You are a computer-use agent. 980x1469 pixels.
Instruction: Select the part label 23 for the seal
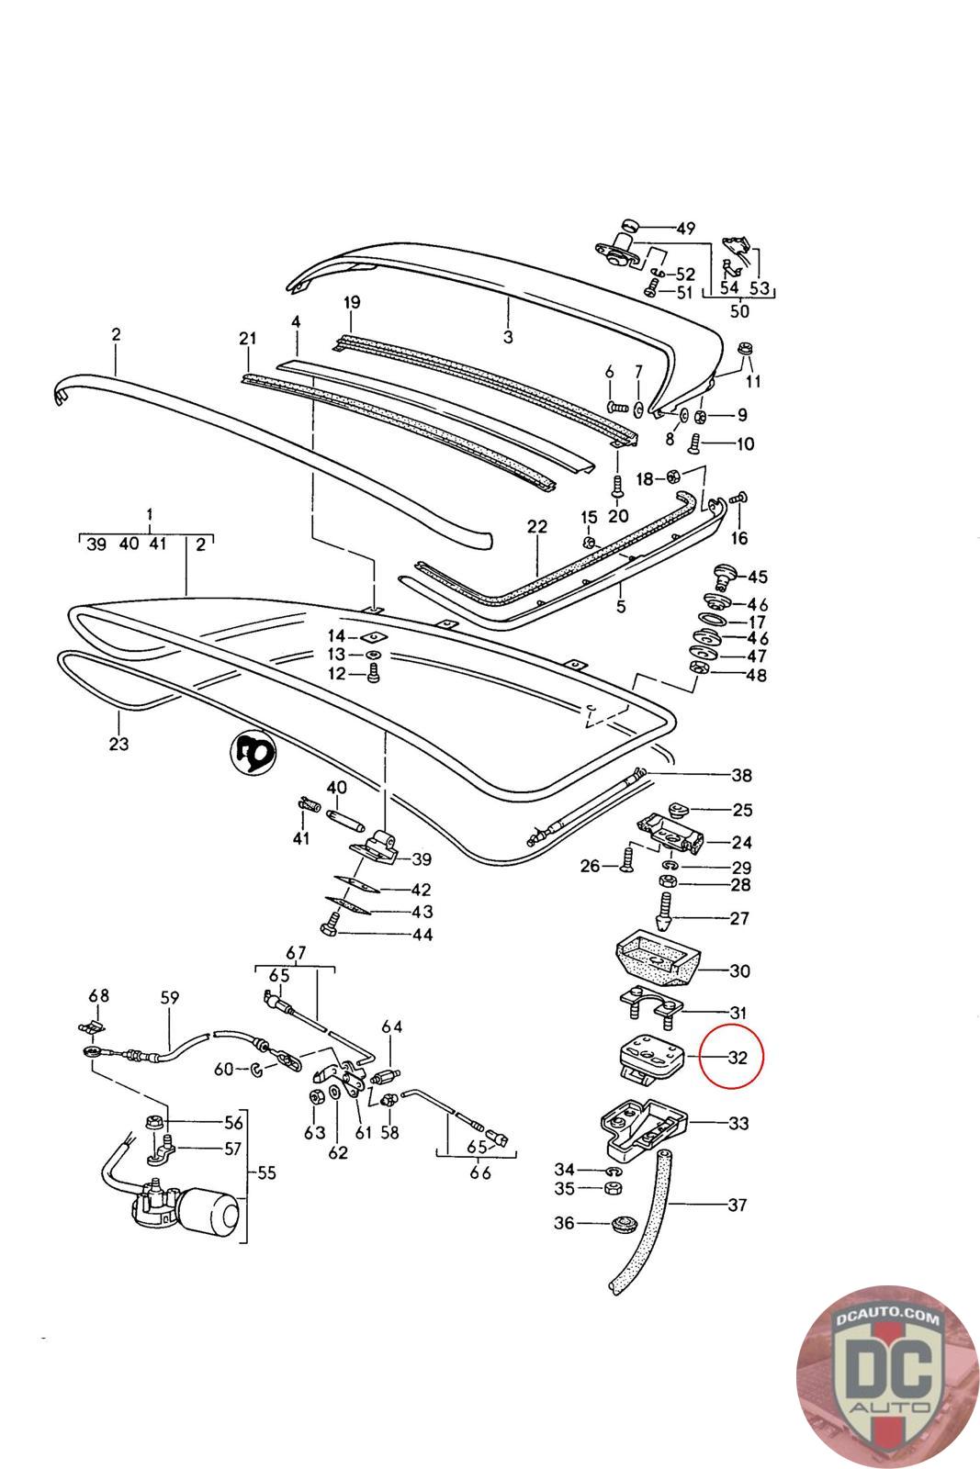pyautogui.click(x=119, y=744)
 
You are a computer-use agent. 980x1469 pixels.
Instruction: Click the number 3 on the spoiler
pyautogui.click(x=508, y=337)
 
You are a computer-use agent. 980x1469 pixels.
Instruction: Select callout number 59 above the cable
pyautogui.click(x=170, y=998)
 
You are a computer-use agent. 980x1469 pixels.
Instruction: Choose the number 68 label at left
pyautogui.click(x=98, y=996)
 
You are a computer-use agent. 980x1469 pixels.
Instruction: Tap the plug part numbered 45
pyautogui.click(x=724, y=577)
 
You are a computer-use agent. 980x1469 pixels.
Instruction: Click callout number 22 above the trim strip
pyautogui.click(x=537, y=527)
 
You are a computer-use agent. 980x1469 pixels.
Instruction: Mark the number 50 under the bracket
pyautogui.click(x=739, y=310)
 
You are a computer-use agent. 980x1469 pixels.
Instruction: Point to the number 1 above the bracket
pyautogui.click(x=149, y=514)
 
